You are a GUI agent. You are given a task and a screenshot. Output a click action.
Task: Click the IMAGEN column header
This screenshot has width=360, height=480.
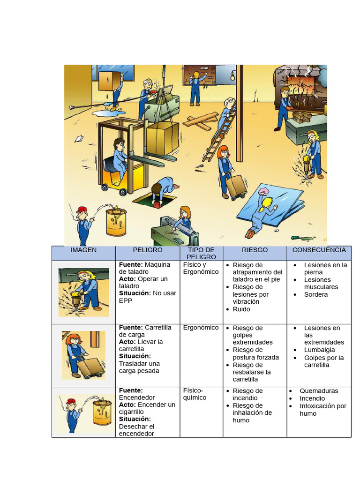pyautogui.click(x=83, y=250)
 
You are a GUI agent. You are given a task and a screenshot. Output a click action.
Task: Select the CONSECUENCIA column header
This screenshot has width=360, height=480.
pyautogui.click(x=319, y=250)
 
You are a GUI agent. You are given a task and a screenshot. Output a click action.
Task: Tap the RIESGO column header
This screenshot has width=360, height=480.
pyautogui.click(x=255, y=250)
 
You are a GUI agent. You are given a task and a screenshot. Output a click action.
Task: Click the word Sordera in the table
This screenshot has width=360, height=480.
pyautogui.click(x=315, y=294)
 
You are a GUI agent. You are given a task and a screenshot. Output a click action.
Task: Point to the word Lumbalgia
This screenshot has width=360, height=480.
pyautogui.click(x=319, y=350)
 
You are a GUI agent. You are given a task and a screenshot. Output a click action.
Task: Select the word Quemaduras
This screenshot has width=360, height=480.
pyautogui.click(x=319, y=390)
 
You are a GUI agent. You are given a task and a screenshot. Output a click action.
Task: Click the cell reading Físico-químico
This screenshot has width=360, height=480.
pyautogui.click(x=195, y=394)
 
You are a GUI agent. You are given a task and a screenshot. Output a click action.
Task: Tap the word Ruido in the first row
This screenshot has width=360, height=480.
pyautogui.click(x=241, y=309)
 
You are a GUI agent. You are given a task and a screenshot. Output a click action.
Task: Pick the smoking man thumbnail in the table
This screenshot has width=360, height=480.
pyautogui.click(x=83, y=412)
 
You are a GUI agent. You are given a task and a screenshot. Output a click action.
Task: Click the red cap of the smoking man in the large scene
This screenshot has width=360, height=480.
pyautogui.click(x=82, y=209)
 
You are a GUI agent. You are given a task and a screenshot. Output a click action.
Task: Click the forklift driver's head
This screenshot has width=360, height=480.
pyautogui.click(x=119, y=144)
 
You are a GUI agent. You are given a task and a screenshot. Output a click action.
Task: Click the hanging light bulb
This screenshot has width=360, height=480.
pyautogui.click(x=232, y=78)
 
